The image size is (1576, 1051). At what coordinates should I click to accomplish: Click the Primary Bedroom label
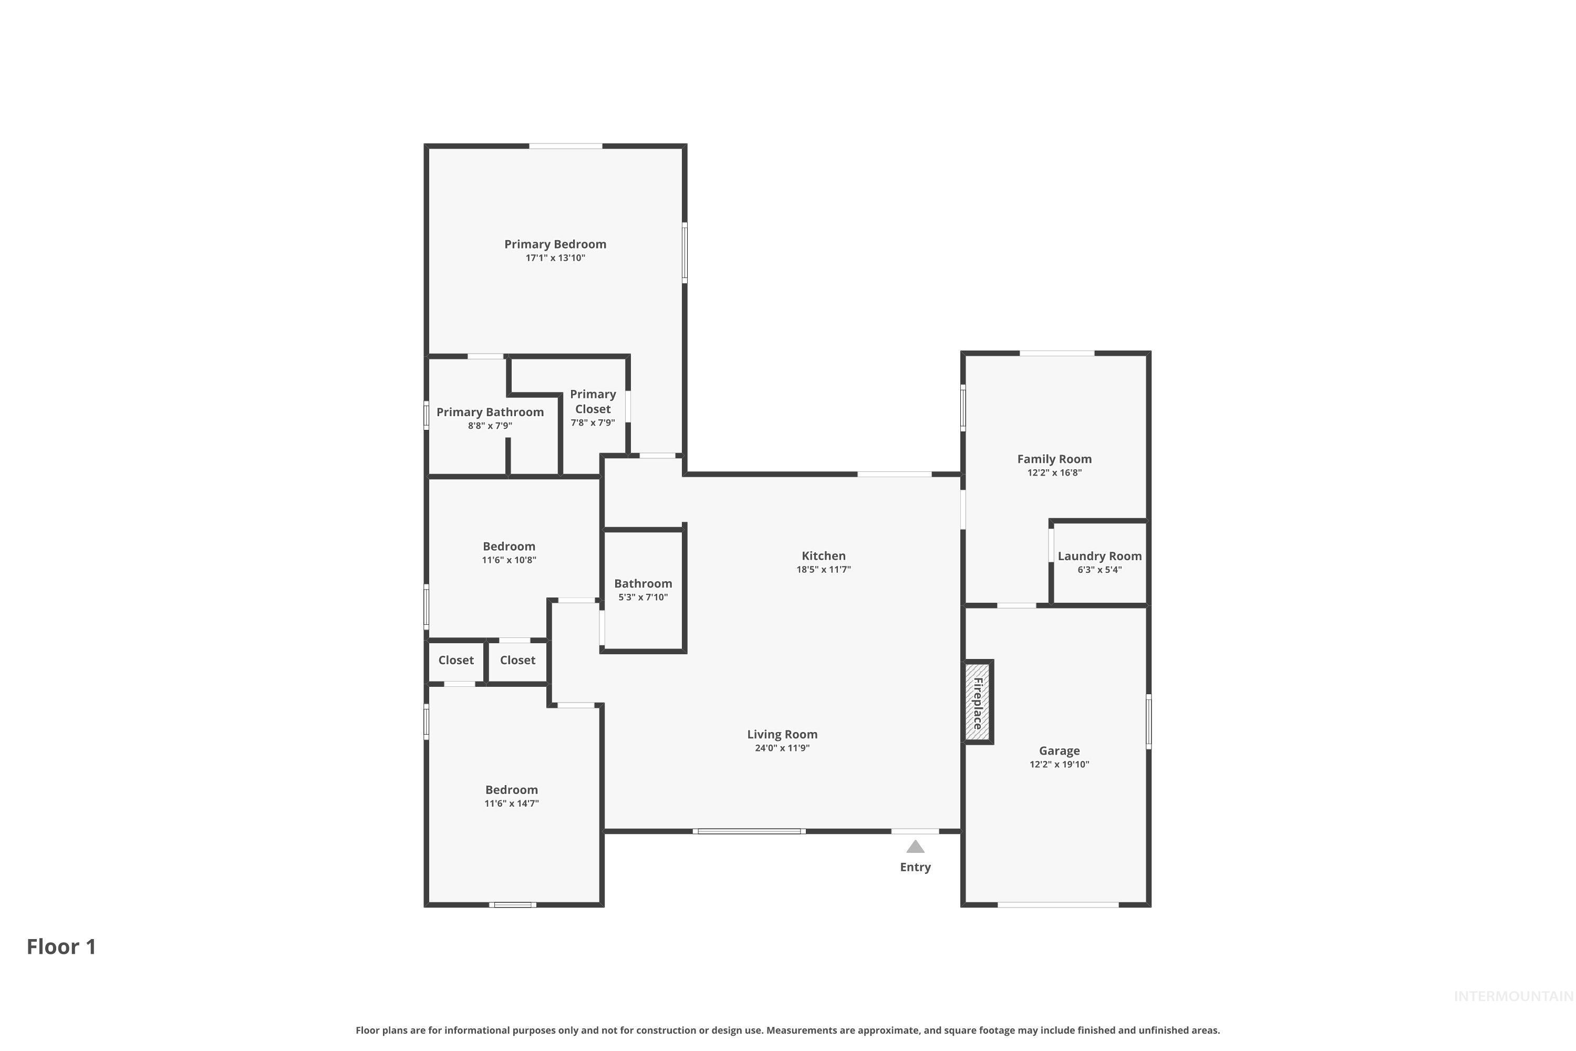pyautogui.click(x=555, y=244)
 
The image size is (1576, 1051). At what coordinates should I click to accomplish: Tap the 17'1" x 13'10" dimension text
pyautogui.click(x=555, y=258)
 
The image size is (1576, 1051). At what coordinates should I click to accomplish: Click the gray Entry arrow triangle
pyautogui.click(x=915, y=847)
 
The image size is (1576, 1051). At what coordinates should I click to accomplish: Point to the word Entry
pyautogui.click(x=915, y=868)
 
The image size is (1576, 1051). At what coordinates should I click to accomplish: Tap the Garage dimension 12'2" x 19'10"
pyautogui.click(x=1060, y=765)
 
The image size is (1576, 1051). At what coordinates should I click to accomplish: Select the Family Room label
pyautogui.click(x=1054, y=459)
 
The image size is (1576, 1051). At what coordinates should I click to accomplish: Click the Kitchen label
pyautogui.click(x=824, y=555)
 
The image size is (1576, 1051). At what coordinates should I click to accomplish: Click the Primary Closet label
pyautogui.click(x=593, y=401)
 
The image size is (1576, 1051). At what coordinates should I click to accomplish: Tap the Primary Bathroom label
pyautogui.click(x=490, y=412)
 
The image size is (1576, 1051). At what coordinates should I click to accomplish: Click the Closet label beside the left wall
pyautogui.click(x=455, y=660)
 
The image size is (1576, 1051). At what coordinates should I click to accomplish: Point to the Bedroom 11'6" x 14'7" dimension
pyautogui.click(x=511, y=803)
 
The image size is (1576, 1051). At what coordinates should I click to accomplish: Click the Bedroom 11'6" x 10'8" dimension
pyautogui.click(x=509, y=560)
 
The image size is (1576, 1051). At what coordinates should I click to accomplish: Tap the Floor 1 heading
pyautogui.click(x=61, y=946)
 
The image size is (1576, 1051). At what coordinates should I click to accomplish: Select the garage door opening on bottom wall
pyautogui.click(x=1057, y=905)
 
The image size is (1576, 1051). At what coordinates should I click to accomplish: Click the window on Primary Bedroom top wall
pyautogui.click(x=566, y=146)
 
